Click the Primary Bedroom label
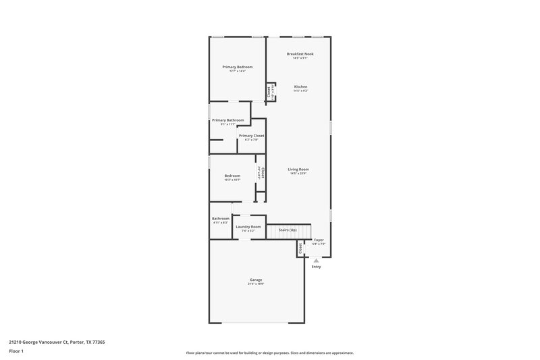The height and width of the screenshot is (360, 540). (x=237, y=67)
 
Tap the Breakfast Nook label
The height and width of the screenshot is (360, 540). (x=300, y=54)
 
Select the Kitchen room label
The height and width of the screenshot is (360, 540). (x=300, y=86)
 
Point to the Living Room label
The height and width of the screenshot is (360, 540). (x=298, y=170)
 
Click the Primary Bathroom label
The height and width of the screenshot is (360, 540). (x=227, y=120)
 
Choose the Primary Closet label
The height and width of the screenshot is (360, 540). (x=251, y=136)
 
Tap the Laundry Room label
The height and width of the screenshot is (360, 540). (x=248, y=227)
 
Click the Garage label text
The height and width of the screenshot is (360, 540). (x=256, y=280)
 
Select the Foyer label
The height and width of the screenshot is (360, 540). (x=319, y=240)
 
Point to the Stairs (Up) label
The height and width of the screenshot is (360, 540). (x=288, y=230)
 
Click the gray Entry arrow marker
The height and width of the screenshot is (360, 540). (x=316, y=259)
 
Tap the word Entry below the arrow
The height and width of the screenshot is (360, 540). (x=316, y=267)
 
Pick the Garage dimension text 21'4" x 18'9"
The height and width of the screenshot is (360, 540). (x=256, y=284)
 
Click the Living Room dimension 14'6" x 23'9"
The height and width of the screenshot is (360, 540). (x=298, y=174)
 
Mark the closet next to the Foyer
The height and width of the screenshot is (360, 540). (x=300, y=249)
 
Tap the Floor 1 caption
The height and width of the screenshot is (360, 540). (x=17, y=352)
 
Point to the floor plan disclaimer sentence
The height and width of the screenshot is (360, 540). (x=269, y=353)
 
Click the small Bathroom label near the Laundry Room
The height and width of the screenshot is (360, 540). (x=221, y=218)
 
